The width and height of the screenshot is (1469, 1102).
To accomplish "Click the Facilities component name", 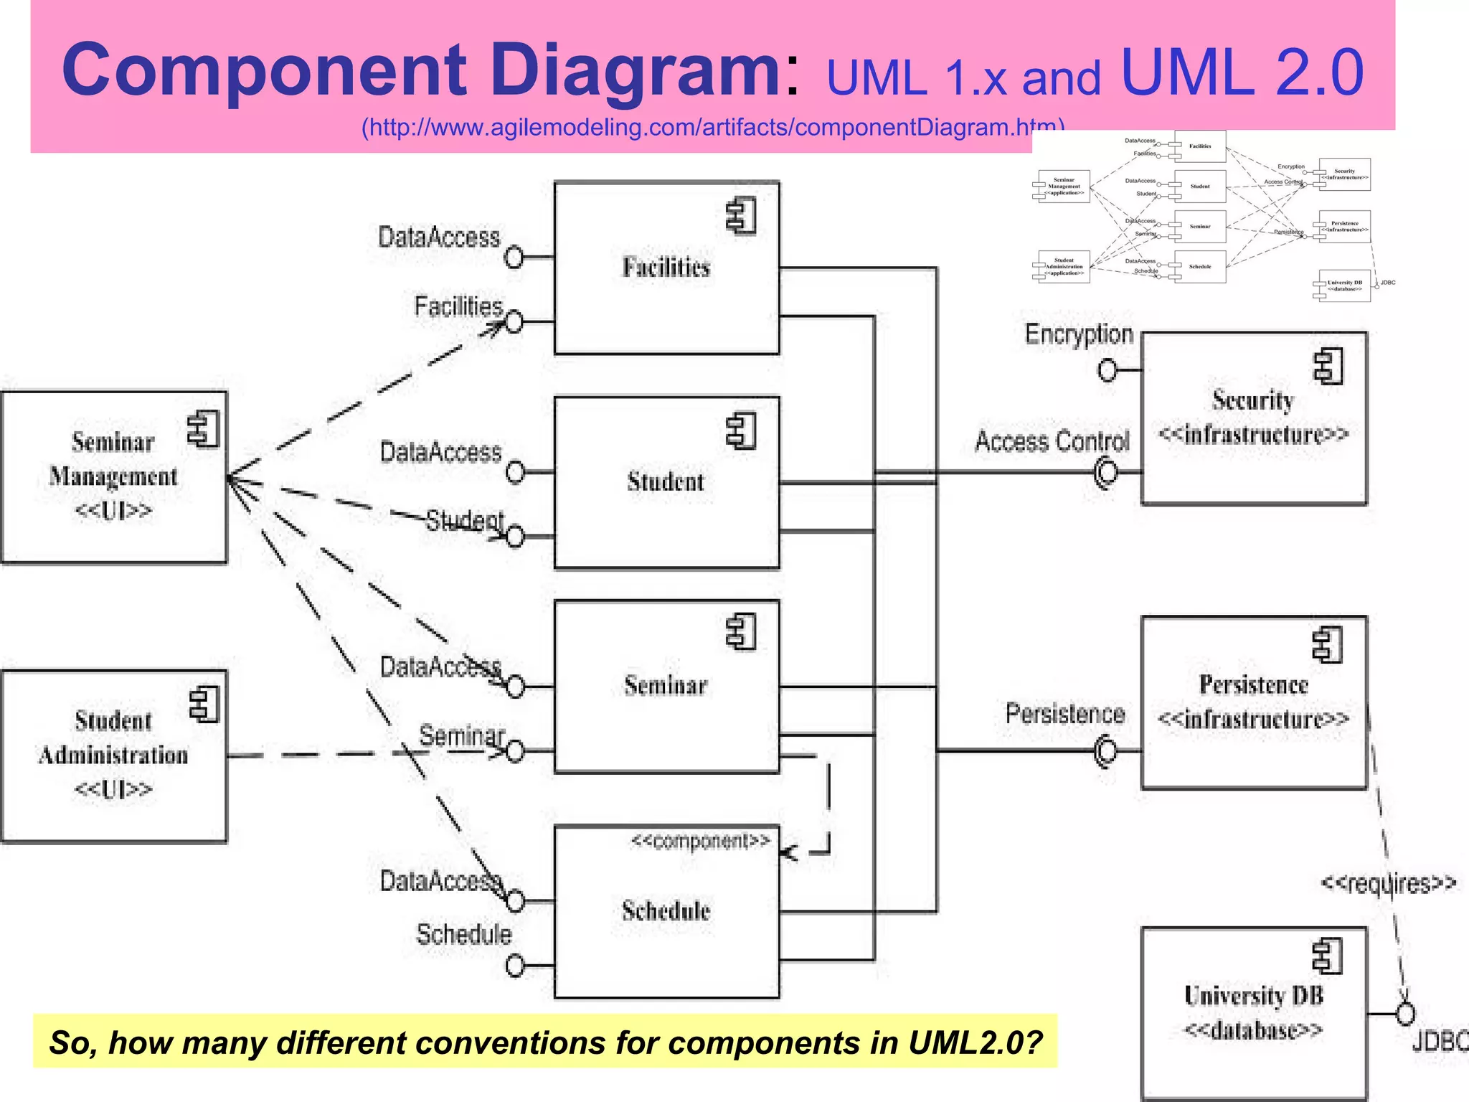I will (666, 268).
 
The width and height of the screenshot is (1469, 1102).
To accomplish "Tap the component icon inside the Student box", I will (741, 432).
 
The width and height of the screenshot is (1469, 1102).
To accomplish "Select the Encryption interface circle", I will (1107, 370).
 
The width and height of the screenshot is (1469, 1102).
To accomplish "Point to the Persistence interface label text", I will (1064, 714).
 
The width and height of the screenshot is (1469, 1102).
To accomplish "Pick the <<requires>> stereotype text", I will (1388, 882).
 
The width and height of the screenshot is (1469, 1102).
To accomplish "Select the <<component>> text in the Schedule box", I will (700, 841).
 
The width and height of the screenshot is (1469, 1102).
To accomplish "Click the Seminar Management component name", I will (113, 459).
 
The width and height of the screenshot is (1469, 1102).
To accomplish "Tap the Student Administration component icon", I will (204, 704).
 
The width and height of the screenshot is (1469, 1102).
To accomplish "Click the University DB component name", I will (1253, 996).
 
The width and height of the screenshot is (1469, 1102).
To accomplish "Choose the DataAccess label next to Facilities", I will (439, 237).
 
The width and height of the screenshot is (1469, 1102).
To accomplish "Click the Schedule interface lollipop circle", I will (514, 966).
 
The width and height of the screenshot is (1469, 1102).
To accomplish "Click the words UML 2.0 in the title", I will (1241, 72).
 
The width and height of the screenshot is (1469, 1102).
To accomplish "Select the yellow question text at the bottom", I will (545, 1042).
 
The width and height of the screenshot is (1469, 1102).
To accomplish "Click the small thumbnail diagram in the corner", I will (1212, 215).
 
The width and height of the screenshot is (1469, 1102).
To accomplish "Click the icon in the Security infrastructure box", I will (1328, 367).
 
